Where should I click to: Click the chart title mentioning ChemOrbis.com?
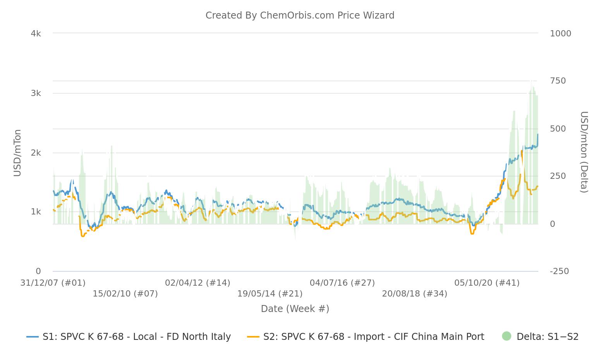pos(300,15)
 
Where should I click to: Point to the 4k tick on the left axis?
pos(36,34)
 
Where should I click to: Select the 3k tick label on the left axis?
pos(36,93)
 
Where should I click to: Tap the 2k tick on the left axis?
pos(36,153)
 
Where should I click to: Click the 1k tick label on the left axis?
pos(36,212)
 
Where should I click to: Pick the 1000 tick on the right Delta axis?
pos(560,34)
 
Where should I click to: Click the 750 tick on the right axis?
pos(558,81)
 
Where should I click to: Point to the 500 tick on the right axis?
pos(558,129)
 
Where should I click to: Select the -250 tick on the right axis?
pos(559,271)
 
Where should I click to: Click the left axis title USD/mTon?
pos(17,153)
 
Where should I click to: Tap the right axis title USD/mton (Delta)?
pos(584,152)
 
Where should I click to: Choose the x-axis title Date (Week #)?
pos(295,309)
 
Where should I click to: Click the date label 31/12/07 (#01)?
pos(53,283)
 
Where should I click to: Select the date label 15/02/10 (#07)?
pos(125,294)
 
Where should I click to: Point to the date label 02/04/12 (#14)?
pos(197,283)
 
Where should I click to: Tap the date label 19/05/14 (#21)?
pos(270,294)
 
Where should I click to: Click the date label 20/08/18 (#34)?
pos(414,294)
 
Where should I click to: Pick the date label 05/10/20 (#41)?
pos(487,283)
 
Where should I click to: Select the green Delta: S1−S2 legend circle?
pos(507,336)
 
